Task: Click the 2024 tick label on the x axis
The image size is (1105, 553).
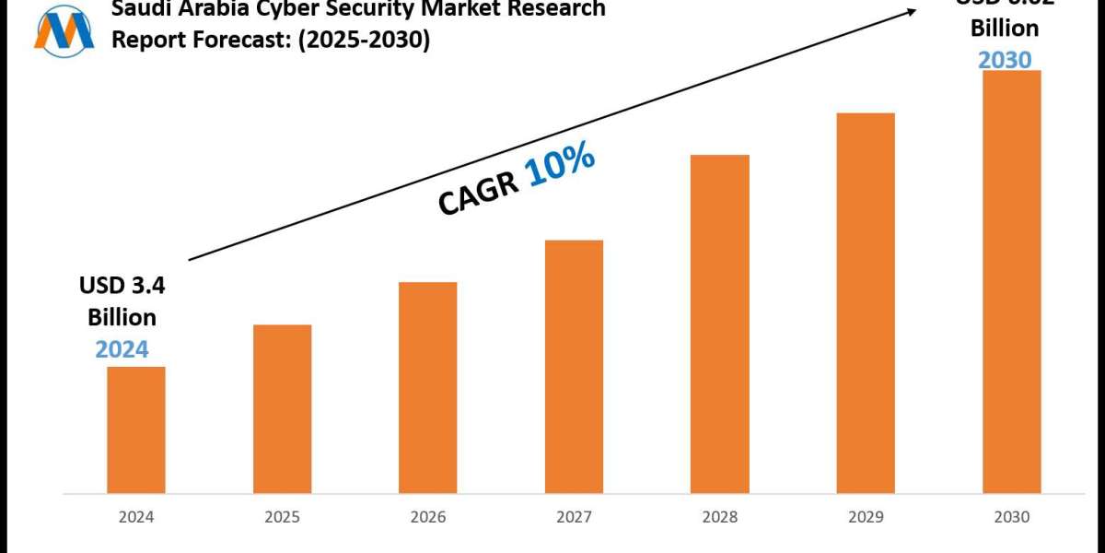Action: click(x=136, y=517)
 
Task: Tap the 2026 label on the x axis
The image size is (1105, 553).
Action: click(x=427, y=517)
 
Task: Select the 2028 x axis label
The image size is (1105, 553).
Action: click(x=719, y=517)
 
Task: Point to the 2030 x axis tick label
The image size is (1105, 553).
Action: click(x=1011, y=517)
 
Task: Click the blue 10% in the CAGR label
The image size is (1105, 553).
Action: click(x=560, y=167)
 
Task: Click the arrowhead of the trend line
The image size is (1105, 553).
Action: click(x=912, y=11)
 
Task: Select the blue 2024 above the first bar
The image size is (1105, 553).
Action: click(x=122, y=348)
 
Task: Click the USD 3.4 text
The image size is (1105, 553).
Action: click(x=122, y=287)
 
